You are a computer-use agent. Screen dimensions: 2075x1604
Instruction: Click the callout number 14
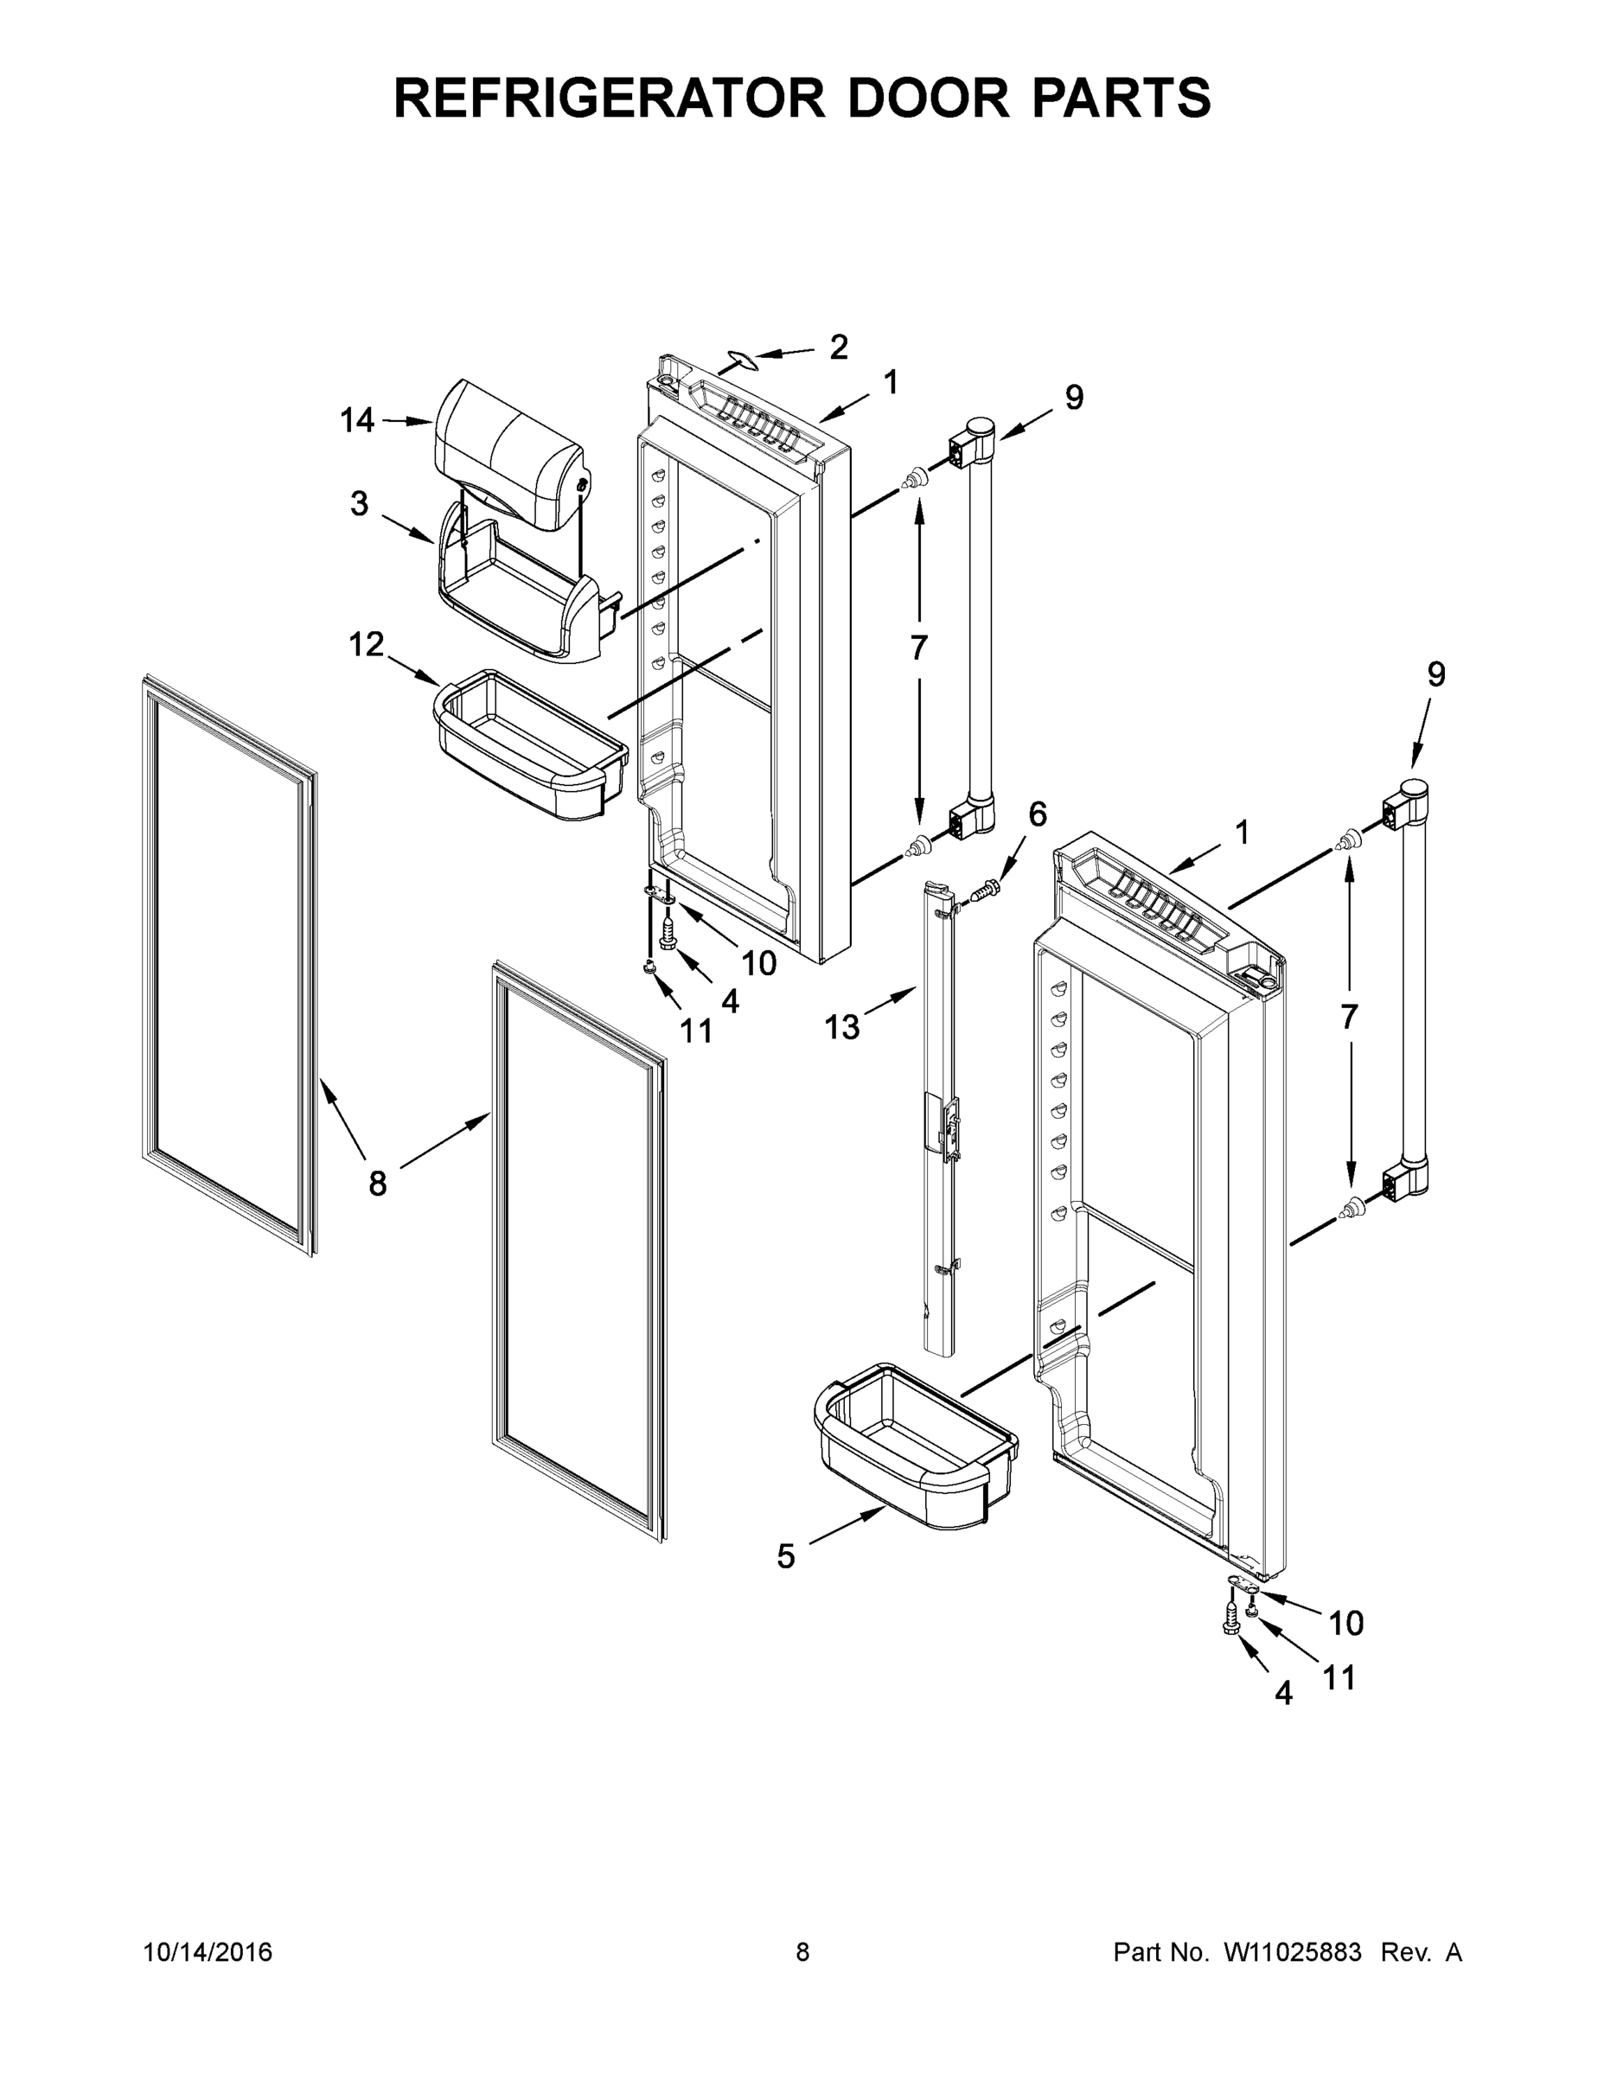click(356, 420)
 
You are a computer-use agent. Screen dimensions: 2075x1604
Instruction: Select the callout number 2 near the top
click(837, 348)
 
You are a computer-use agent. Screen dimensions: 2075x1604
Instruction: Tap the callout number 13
click(842, 1027)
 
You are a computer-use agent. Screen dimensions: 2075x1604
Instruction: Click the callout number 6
click(1037, 814)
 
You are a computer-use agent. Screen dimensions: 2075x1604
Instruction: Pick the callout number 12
click(366, 645)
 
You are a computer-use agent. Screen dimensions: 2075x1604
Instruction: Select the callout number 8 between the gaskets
click(377, 1183)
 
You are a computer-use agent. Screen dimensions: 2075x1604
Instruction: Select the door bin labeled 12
click(528, 748)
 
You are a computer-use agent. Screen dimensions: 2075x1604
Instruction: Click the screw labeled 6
click(984, 891)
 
